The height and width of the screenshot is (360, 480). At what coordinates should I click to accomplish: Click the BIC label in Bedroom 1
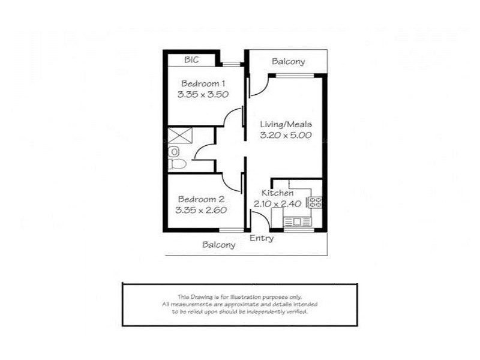191,59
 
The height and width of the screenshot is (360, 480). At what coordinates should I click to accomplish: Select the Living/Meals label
286,124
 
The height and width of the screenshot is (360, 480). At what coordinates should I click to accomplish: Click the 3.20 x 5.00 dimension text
286,136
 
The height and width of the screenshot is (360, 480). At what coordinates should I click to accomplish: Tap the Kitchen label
278,193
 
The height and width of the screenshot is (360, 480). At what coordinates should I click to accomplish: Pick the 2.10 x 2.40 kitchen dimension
277,205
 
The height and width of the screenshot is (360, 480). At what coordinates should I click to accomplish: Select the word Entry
262,238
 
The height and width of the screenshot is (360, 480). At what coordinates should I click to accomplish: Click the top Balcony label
288,61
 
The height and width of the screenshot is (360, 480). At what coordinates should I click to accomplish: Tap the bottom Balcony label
218,245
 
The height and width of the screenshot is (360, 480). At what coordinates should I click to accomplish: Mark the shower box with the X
179,134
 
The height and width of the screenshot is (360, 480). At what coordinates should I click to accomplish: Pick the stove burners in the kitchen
316,202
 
